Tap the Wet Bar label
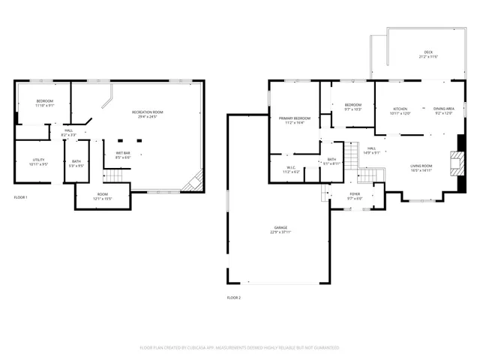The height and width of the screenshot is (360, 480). tap(123, 156)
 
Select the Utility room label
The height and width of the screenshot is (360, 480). tap(40, 161)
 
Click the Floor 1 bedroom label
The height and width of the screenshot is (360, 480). tap(45, 103)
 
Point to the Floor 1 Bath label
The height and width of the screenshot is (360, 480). tap(76, 163)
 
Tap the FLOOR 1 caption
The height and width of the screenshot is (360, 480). tap(20, 197)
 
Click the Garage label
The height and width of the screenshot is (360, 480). tap(280, 229)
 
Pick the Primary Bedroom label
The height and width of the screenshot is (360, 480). tap(295, 120)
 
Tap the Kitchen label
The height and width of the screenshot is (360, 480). tap(400, 111)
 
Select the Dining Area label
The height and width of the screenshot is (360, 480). tap(443, 111)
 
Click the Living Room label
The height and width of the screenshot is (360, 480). tap(421, 168)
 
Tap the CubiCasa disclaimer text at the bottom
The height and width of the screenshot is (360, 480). tap(240, 348)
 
